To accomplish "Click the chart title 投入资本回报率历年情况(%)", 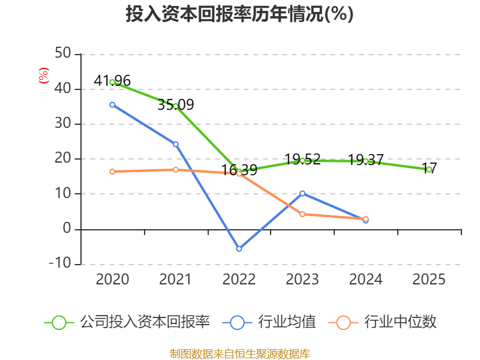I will (239, 14).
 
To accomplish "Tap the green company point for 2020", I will (112, 82).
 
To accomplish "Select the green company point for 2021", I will (176, 106).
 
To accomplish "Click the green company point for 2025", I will (429, 169).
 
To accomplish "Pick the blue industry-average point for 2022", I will (239, 248).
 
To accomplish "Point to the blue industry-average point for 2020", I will (112, 104).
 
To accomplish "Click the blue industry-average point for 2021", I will (176, 144).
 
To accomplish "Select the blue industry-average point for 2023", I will (302, 193).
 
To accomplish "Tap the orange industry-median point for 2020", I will (112, 172).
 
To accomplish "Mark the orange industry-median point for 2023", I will (302, 214).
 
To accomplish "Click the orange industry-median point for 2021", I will (176, 170).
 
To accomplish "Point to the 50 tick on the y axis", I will (62, 54).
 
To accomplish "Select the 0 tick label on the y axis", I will (67, 229).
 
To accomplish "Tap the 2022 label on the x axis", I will (239, 280).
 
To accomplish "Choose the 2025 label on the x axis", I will (429, 280).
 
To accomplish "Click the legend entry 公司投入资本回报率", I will (144, 322).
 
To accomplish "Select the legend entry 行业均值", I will (286, 322).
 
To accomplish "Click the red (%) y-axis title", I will (43, 76).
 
